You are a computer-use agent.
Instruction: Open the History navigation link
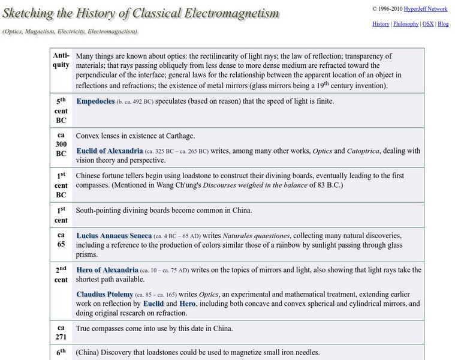[x=381, y=24]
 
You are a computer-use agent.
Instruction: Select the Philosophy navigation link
[x=406, y=24]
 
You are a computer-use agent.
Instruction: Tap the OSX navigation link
[x=428, y=24]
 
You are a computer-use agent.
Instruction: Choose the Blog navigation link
[x=443, y=24]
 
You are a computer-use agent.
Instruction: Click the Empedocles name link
[x=95, y=101]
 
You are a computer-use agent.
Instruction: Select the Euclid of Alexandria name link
[x=110, y=151]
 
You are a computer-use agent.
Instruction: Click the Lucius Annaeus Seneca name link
[x=114, y=236]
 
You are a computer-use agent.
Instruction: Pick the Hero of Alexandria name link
[x=107, y=270]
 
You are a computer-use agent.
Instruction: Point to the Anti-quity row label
[x=61, y=60]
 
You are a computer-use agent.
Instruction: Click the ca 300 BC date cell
[x=61, y=145]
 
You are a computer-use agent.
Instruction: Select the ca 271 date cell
[x=61, y=333]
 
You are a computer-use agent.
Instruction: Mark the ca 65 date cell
[x=61, y=241]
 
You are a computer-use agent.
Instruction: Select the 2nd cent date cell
[x=61, y=275]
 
